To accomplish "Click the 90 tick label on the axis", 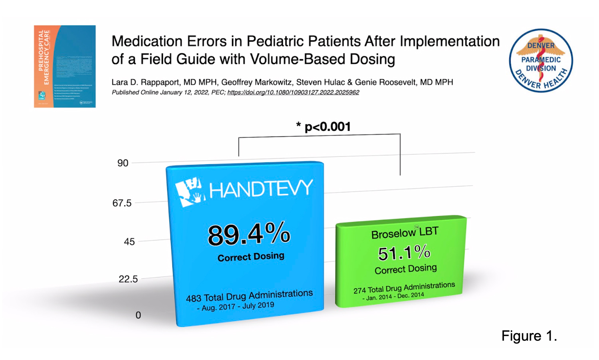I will [x=123, y=163].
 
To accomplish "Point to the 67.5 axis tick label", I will [x=122, y=203].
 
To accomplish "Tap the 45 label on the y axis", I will [x=129, y=241].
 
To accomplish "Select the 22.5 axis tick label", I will [x=128, y=279].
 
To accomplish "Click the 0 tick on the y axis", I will [x=138, y=315].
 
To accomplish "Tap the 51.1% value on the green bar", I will [x=404, y=253].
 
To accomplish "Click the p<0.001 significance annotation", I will [x=323, y=127].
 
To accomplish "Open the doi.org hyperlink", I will [x=293, y=92].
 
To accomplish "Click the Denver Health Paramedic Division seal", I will [x=541, y=60].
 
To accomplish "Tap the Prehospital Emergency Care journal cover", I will [x=65, y=66].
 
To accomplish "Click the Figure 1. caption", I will [x=529, y=336].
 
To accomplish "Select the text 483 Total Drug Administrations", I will [x=249, y=296].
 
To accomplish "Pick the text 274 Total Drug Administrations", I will [x=404, y=288].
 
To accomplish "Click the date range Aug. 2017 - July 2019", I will [x=236, y=306].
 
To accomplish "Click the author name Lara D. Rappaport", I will [x=145, y=82].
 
